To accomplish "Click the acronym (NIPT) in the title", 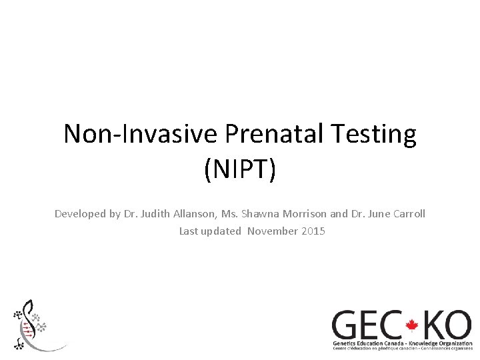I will click(x=240, y=169).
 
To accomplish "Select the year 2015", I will click(x=313, y=231).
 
